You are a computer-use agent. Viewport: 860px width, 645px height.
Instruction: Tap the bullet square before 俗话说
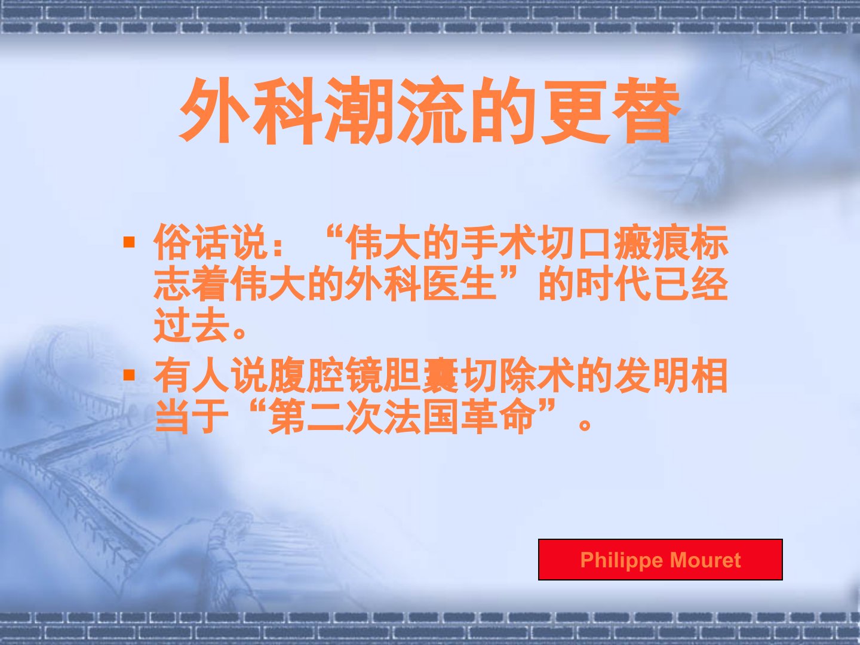point(129,242)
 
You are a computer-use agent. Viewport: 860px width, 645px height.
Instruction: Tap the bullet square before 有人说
point(129,375)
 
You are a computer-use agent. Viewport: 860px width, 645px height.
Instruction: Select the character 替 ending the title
point(646,110)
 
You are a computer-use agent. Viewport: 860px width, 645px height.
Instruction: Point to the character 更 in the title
point(575,110)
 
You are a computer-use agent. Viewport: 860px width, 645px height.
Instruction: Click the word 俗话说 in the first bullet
point(211,242)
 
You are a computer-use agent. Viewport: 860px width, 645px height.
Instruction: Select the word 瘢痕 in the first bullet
point(652,242)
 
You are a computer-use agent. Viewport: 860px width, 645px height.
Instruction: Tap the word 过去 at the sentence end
point(192,325)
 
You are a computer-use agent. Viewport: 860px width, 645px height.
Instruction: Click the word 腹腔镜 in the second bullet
point(325,375)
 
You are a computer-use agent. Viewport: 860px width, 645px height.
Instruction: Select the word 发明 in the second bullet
point(652,375)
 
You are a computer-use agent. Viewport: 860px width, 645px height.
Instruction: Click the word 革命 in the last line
point(498,416)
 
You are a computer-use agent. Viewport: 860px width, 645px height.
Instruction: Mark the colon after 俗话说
point(278,246)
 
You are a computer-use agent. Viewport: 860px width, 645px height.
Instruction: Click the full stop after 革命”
point(585,425)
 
